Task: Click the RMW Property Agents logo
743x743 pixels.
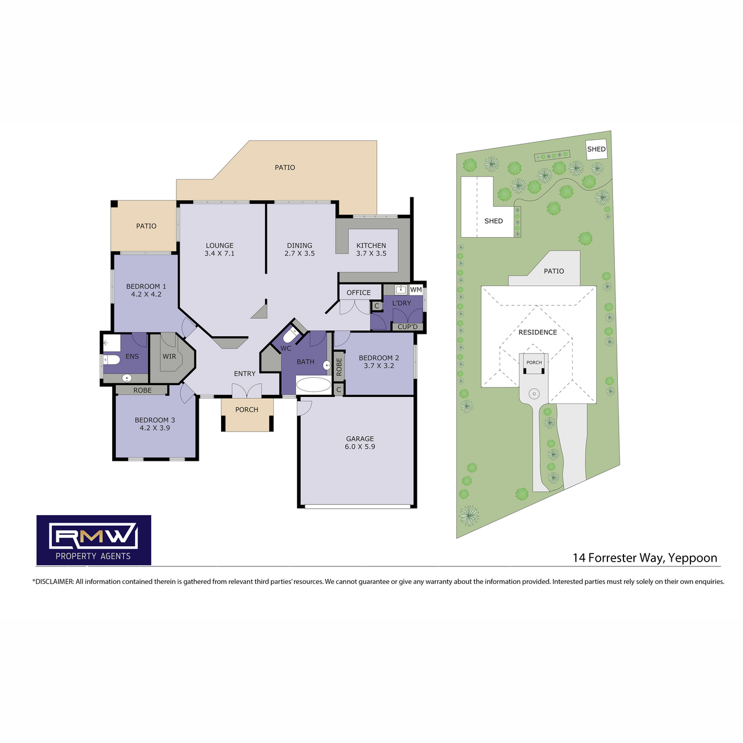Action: point(93,540)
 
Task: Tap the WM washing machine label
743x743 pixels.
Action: point(415,290)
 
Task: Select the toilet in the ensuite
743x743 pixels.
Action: point(112,360)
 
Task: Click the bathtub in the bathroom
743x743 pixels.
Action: point(313,385)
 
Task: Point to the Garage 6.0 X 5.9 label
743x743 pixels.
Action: point(360,442)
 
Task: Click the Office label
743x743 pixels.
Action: point(358,293)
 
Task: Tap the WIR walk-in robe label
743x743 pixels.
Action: point(169,356)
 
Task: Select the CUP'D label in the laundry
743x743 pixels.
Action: point(407,327)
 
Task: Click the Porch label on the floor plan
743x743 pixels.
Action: point(247,409)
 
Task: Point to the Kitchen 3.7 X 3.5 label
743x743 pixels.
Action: point(371,249)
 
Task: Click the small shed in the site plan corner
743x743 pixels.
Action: point(596,149)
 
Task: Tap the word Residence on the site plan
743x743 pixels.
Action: point(537,332)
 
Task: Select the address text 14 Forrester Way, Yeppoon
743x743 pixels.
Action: point(645,557)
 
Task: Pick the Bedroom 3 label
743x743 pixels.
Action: point(155,424)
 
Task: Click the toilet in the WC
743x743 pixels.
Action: point(290,336)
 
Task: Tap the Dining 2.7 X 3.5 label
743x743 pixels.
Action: point(300,249)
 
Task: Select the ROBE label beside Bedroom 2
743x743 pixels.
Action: point(339,367)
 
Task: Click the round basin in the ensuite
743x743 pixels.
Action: point(127,378)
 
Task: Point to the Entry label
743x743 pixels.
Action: point(245,373)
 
